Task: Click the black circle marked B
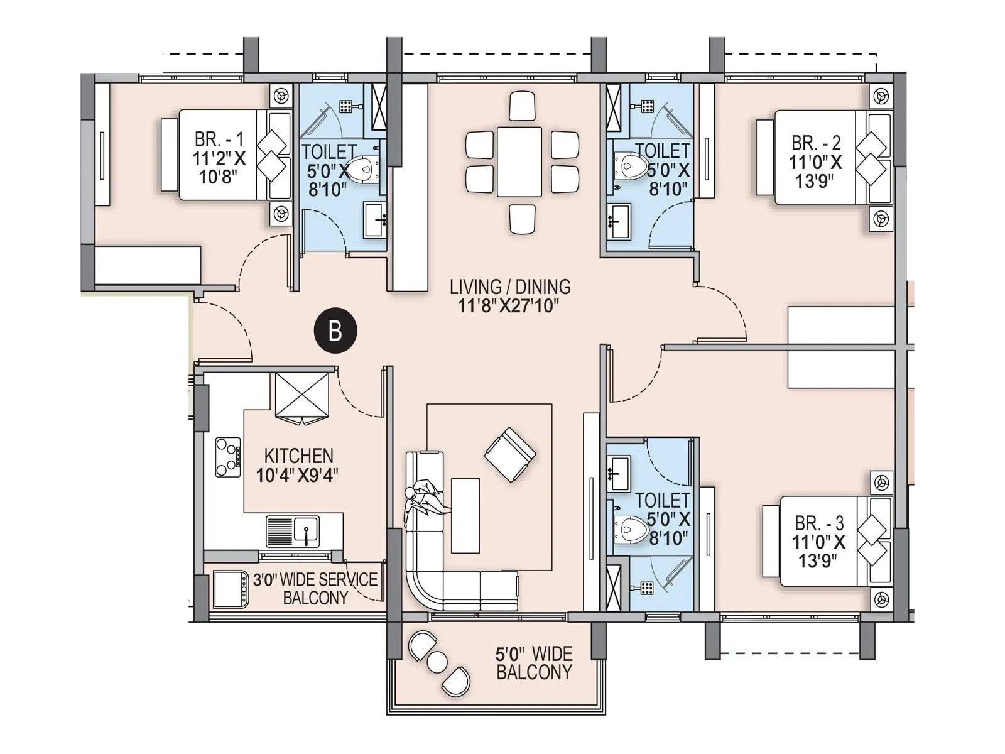pyautogui.click(x=335, y=331)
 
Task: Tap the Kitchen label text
pyautogui.click(x=298, y=456)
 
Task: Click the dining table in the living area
pyautogui.click(x=519, y=162)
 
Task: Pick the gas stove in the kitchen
pyautogui.click(x=228, y=457)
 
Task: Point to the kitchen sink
pyautogui.click(x=306, y=531)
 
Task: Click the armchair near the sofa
pyautogui.click(x=509, y=454)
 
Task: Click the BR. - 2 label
pyautogui.click(x=816, y=143)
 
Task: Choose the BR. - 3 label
pyautogui.click(x=819, y=523)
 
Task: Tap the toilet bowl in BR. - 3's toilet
pyautogui.click(x=631, y=529)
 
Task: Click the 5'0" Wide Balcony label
pyautogui.click(x=534, y=663)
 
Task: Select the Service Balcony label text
pyautogui.click(x=315, y=589)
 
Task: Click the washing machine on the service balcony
pyautogui.click(x=231, y=589)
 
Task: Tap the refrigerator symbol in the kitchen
pyautogui.click(x=303, y=396)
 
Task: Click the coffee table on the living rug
pyautogui.click(x=465, y=515)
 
